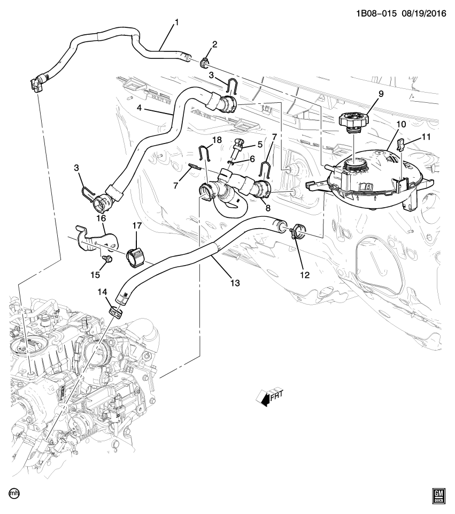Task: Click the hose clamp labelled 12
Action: click(296, 232)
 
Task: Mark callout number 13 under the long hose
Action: click(234, 283)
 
